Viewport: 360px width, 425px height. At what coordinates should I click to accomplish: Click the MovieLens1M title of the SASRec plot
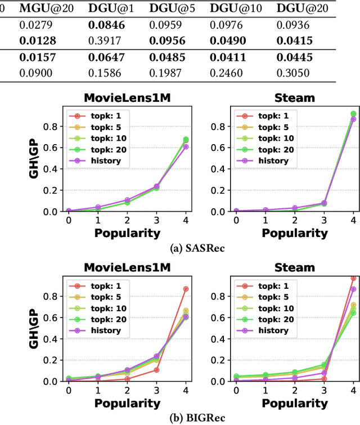(128, 98)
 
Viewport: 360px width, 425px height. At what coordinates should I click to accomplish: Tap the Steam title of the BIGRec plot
(295, 268)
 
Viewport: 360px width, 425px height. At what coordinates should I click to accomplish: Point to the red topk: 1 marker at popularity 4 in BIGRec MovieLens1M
(186, 289)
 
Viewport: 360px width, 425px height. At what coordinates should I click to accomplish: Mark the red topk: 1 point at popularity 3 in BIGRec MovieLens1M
(156, 370)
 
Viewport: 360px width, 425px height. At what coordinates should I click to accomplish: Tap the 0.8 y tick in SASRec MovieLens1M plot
(53, 127)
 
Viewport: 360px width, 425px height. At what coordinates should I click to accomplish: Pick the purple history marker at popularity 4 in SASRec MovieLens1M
(186, 146)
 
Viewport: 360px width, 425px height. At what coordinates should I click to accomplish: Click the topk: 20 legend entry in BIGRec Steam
(274, 319)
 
